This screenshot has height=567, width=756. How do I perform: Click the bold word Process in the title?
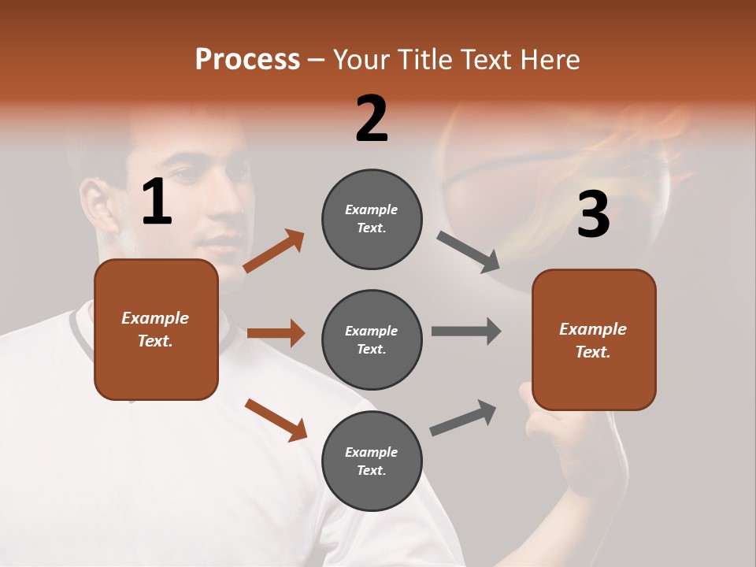[247, 60]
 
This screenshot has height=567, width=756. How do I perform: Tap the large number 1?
[157, 202]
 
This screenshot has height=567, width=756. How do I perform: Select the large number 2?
[372, 119]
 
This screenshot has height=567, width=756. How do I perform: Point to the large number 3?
[593, 215]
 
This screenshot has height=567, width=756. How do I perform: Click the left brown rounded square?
[156, 329]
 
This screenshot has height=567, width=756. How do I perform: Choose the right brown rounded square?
[594, 339]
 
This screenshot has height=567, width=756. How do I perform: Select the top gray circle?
[372, 219]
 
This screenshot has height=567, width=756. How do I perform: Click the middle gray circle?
[372, 339]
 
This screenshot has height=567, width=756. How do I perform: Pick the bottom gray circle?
[372, 461]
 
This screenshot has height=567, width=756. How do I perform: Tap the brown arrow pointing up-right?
[274, 251]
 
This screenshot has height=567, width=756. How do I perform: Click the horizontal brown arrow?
[276, 333]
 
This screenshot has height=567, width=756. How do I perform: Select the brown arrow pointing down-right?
[276, 420]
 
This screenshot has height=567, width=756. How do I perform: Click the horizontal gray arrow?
[466, 331]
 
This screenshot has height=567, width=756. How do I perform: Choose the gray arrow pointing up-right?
[463, 417]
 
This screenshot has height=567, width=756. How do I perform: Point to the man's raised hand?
[551, 429]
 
